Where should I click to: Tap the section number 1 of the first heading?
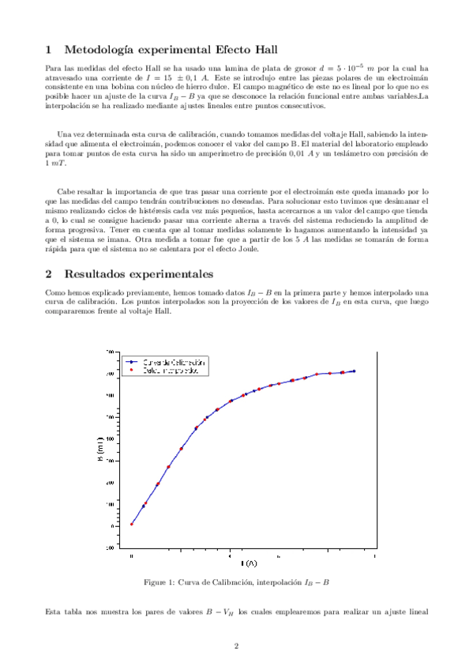pyautogui.click(x=49, y=49)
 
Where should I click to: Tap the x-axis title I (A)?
pyautogui.click(x=248, y=563)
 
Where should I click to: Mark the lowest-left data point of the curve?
pyautogui.click(x=132, y=524)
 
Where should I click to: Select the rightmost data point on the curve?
pyautogui.click(x=354, y=371)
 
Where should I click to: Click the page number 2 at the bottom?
pyautogui.click(x=236, y=646)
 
